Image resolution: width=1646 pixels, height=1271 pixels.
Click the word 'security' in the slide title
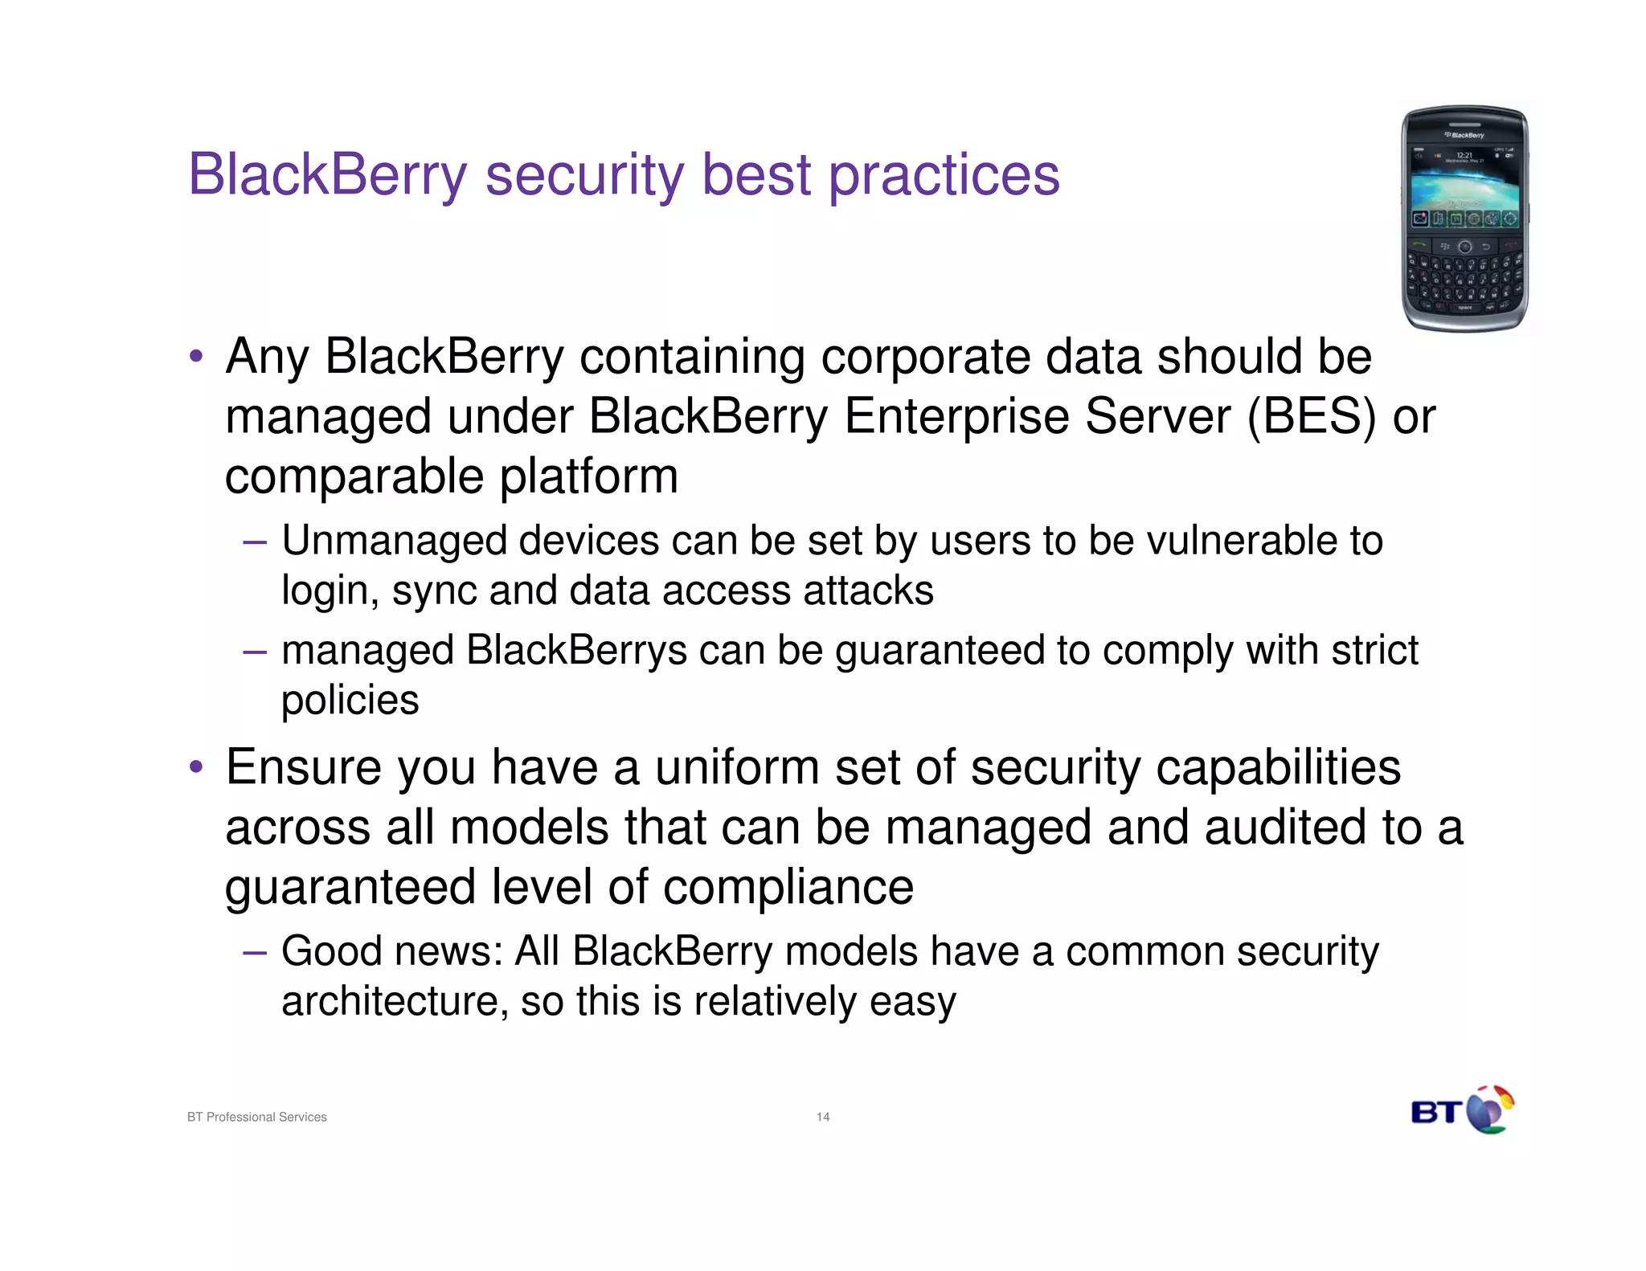pos(584,174)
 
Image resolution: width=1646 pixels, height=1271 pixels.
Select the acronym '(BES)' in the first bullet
pos(1311,416)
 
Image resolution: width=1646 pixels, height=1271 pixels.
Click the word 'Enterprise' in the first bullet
pos(956,416)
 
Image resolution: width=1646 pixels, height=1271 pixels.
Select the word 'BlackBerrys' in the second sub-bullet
pos(575,650)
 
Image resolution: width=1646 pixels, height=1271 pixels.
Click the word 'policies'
pos(350,700)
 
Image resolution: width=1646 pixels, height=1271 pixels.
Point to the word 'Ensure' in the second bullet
pos(303,767)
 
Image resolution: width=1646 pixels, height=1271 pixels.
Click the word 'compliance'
pos(788,887)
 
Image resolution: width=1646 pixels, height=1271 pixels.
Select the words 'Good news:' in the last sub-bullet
pos(391,951)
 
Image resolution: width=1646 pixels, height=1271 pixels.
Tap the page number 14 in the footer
pos(823,1117)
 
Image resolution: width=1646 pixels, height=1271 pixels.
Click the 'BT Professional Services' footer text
pos(256,1117)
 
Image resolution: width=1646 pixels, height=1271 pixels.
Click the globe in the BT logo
pos(1488,1111)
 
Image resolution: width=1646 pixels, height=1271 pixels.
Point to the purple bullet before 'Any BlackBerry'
pos(196,356)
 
